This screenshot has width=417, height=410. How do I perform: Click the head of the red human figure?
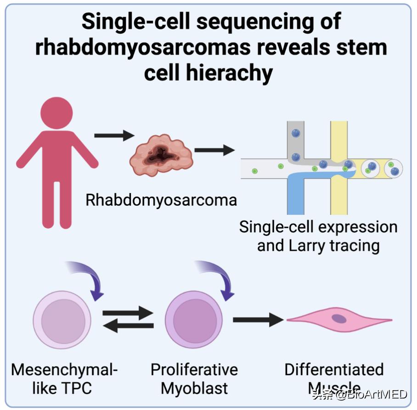click(x=56, y=113)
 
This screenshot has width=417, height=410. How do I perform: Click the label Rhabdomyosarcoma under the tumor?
click(x=161, y=200)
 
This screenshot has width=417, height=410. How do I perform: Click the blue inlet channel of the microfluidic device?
click(x=298, y=193)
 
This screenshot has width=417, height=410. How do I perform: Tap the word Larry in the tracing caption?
click(x=305, y=246)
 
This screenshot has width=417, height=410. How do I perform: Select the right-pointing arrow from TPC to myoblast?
click(x=128, y=314)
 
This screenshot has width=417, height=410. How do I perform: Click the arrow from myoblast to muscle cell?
click(x=257, y=319)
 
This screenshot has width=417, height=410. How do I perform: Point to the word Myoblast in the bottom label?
click(x=194, y=388)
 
